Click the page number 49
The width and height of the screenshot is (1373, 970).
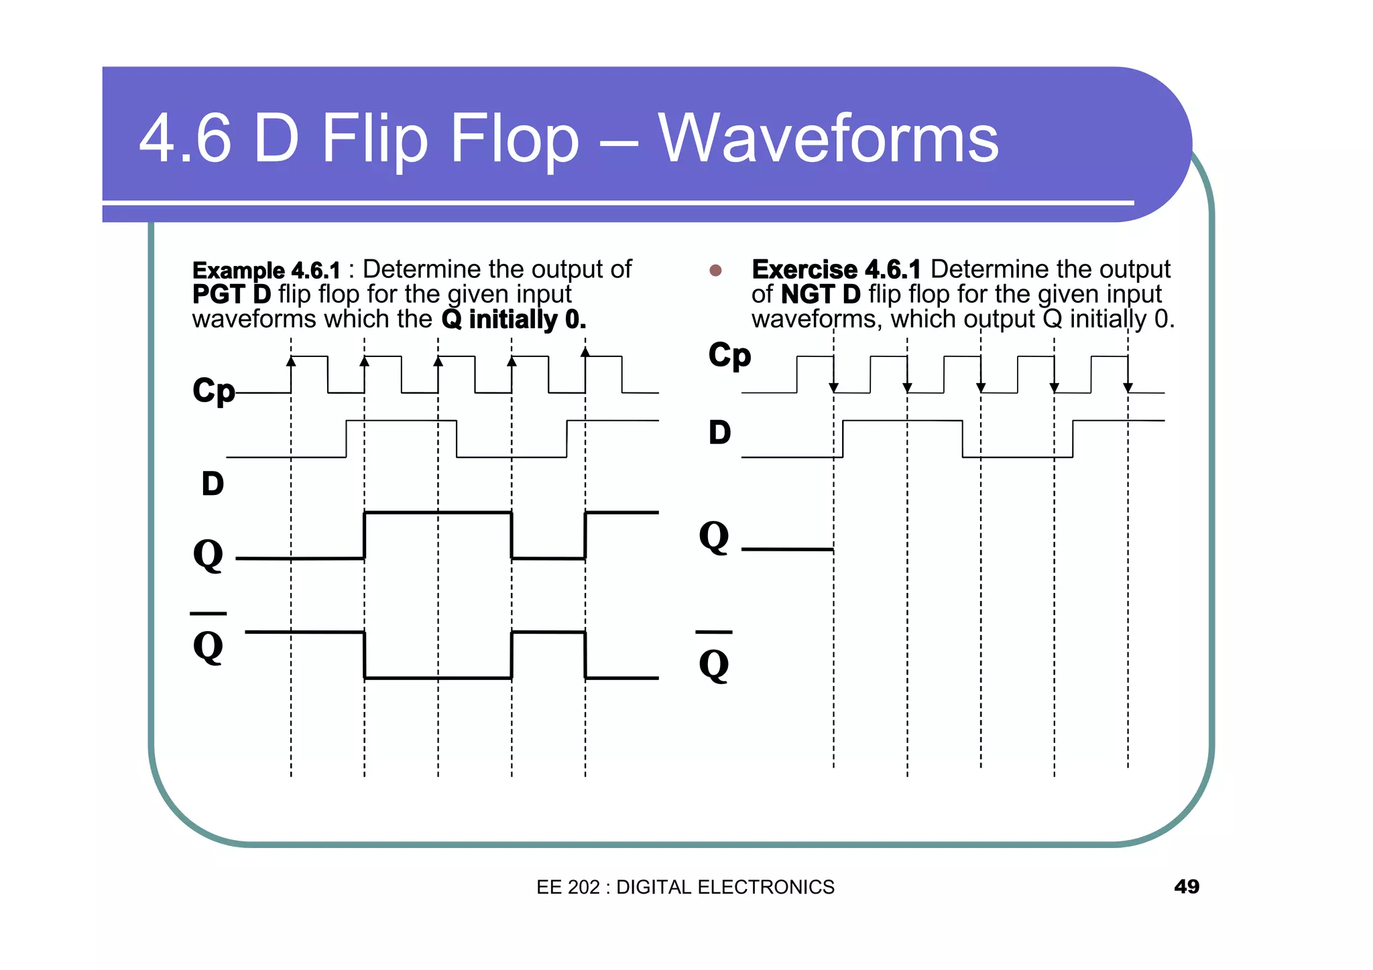(1186, 886)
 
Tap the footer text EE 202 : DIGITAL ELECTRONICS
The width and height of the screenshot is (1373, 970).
(685, 887)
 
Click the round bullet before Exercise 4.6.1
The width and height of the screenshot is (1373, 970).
(715, 271)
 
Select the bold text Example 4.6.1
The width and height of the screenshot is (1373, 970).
(266, 271)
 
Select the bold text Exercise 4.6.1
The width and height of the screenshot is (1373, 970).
(836, 269)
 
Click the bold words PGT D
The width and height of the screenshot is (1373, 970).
(231, 294)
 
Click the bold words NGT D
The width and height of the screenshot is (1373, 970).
(821, 294)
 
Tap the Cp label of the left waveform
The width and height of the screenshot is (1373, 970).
(213, 391)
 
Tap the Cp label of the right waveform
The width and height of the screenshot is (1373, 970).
(729, 355)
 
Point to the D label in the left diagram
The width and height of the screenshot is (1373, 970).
(213, 484)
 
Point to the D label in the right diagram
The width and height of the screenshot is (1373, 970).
(719, 433)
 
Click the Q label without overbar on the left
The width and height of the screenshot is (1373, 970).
(208, 555)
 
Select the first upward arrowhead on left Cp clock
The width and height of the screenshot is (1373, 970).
(291, 362)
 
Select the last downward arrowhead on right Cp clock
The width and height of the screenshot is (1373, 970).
(1128, 387)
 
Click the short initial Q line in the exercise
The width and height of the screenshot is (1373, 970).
(787, 549)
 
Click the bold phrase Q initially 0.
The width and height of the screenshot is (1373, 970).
(514, 320)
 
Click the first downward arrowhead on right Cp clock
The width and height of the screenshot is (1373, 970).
(833, 387)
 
